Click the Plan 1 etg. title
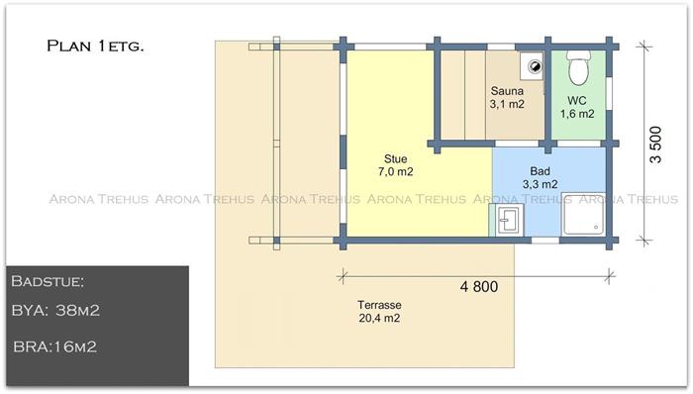(x=95, y=46)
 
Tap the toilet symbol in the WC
(x=578, y=67)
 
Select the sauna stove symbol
(x=532, y=66)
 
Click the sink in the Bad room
(x=508, y=220)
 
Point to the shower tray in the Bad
(x=583, y=215)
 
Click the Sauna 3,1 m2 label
(x=507, y=98)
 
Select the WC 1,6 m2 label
(x=577, y=107)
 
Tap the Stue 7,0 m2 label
(x=396, y=165)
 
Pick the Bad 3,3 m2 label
(x=541, y=177)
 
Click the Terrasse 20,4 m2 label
(x=379, y=312)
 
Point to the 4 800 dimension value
(x=479, y=287)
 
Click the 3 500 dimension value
(x=655, y=145)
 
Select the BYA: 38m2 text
(x=55, y=311)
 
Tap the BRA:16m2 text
(x=54, y=346)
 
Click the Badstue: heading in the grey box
(x=48, y=281)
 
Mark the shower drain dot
(x=596, y=228)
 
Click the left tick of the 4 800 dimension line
(x=343, y=277)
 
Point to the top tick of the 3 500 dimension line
(x=643, y=46)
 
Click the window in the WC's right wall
(x=609, y=93)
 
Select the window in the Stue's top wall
(x=390, y=47)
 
